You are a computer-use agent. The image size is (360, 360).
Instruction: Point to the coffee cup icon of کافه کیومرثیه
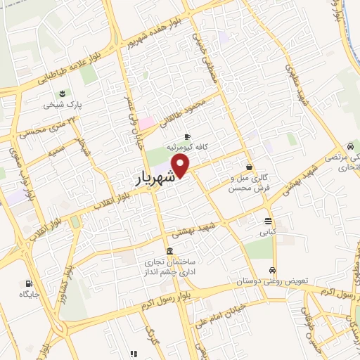tap(187, 136)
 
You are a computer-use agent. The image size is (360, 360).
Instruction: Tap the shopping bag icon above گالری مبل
tap(250, 167)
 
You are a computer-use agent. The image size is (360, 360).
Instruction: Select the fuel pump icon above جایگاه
tap(27, 284)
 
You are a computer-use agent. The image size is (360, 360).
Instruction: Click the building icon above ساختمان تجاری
tap(169, 251)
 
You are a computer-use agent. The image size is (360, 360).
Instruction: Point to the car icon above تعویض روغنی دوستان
tap(272, 270)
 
